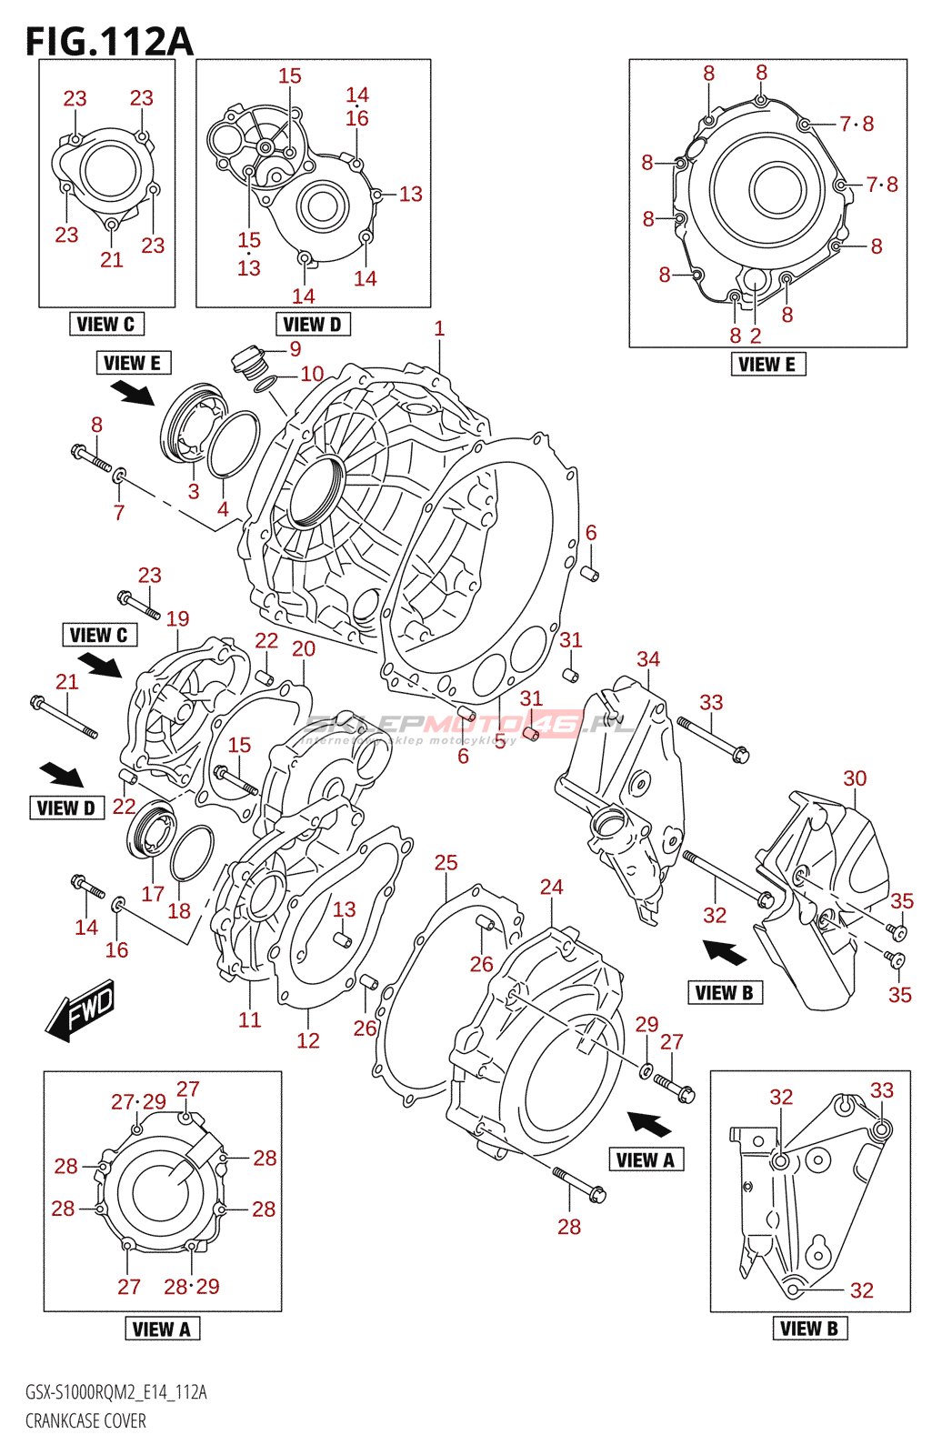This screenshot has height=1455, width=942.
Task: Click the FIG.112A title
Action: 109,42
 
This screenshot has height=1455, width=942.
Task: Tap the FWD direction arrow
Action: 82,1009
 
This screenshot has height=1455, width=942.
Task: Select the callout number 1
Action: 439,328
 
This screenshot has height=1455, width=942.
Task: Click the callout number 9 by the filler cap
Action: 296,348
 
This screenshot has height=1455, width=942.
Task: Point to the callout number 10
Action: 312,374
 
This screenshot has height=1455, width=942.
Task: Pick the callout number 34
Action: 648,658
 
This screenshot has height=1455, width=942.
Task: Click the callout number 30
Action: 855,778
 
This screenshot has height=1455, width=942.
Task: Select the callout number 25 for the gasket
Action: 446,862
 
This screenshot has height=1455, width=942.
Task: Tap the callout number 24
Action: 551,887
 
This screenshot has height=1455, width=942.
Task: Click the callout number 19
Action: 177,618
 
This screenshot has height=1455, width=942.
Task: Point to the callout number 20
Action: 304,648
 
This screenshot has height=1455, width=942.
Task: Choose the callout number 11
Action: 250,1019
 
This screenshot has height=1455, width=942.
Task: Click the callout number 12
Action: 308,1040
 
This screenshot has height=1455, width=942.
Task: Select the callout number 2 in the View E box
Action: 756,336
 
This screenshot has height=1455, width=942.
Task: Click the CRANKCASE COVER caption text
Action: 85,1420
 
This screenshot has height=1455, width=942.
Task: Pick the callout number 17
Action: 153,894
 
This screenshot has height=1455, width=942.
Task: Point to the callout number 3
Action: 194,491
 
